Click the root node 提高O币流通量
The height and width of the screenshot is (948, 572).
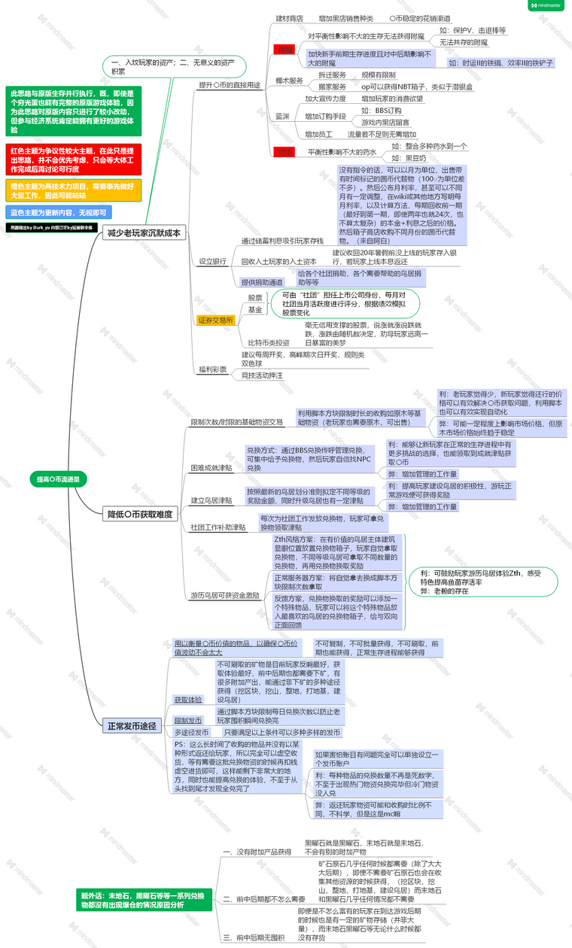(58, 479)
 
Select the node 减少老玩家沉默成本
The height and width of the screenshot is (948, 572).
(144, 233)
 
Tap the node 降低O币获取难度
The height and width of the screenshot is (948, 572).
(140, 494)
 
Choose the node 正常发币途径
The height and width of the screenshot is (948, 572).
(132, 726)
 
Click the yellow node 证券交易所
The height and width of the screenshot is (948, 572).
(216, 320)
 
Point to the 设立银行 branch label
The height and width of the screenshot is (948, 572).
(213, 261)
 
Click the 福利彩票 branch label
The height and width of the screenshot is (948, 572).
(213, 369)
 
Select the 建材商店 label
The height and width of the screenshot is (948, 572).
(290, 17)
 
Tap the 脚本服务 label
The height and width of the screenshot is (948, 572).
(289, 81)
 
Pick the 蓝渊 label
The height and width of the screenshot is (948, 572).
(282, 116)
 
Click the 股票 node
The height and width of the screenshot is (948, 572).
(255, 298)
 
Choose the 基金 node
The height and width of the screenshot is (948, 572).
(255, 309)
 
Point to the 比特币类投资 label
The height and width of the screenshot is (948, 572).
(269, 342)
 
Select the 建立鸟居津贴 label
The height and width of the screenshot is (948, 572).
(212, 500)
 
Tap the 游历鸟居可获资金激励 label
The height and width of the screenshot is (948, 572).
(225, 595)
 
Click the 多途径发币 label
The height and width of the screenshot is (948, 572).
(191, 732)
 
